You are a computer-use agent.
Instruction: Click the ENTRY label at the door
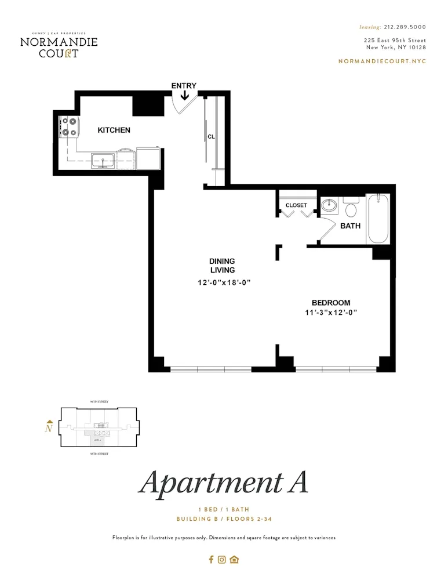coord(183,86)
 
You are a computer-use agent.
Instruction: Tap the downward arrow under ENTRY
coord(184,95)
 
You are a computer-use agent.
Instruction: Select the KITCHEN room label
coord(114,130)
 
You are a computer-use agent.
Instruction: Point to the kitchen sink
coord(103,159)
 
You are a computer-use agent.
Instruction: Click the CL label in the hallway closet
coord(212,137)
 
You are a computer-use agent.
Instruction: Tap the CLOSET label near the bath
coord(296,205)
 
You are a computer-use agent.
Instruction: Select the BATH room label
coord(350,226)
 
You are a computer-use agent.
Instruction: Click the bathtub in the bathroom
coord(377,219)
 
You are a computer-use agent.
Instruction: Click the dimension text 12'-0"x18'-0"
coord(223,282)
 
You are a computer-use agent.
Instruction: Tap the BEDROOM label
coord(330,303)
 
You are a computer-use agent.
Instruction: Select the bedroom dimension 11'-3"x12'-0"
coord(330,313)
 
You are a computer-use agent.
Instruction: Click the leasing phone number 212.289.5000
coord(405,27)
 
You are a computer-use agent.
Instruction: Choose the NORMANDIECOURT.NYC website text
coord(382,61)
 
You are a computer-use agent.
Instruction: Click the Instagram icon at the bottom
coord(221,560)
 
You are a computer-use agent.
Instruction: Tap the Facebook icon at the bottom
coord(211,560)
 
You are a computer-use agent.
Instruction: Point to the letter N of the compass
coord(49,429)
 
